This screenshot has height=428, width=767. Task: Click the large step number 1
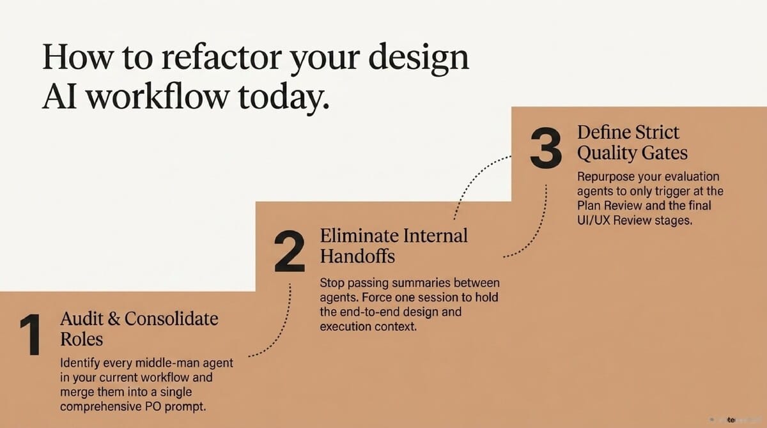point(31,335)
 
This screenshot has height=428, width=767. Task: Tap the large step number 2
point(290,252)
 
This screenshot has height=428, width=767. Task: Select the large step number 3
point(546,147)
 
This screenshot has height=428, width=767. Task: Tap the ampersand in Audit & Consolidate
point(114,319)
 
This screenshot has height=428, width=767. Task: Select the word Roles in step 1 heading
point(82,339)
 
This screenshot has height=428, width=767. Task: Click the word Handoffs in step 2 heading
point(357,256)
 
